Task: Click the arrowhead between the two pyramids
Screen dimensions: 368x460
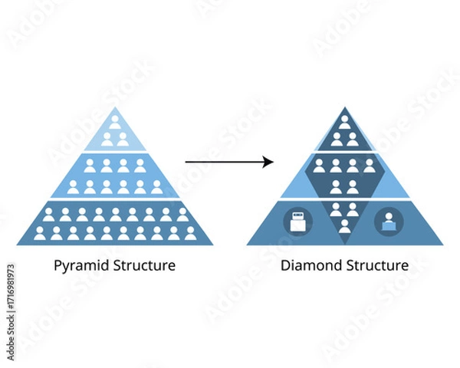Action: [x=269, y=161]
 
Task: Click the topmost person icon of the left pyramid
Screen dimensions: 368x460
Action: [x=115, y=120]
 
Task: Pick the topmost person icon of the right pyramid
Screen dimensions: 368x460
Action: [x=345, y=120]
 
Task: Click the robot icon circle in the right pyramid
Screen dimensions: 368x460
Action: [x=297, y=222]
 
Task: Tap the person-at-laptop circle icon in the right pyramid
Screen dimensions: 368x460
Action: [x=389, y=222]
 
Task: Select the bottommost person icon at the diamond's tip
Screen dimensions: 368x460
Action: [x=345, y=225]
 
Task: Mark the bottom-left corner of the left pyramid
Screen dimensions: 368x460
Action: [x=18, y=244]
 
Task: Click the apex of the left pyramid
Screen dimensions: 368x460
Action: [x=115, y=107]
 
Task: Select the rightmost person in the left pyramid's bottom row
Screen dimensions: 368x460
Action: [x=191, y=232]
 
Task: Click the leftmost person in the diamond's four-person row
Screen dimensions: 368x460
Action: [x=320, y=165]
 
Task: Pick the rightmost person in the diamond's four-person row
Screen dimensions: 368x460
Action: [x=370, y=165]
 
